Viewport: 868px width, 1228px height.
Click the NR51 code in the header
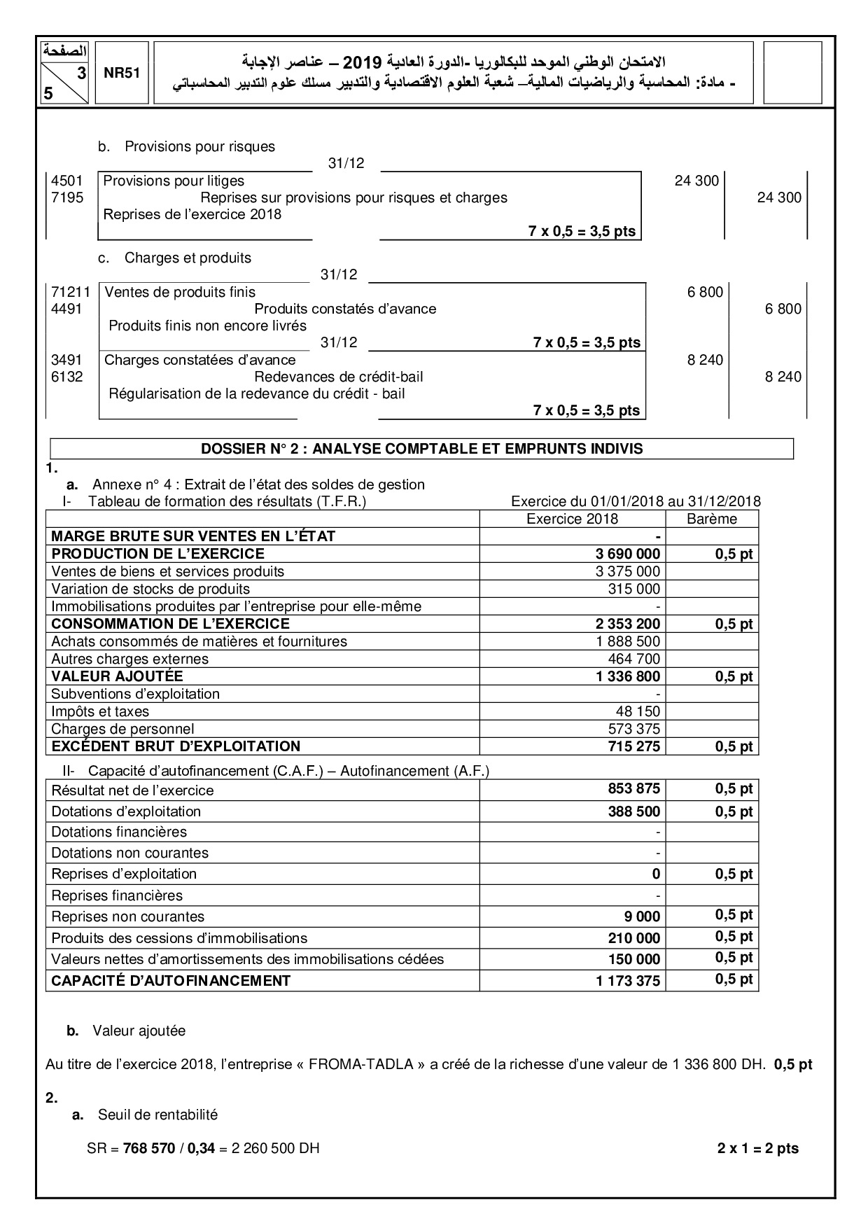[x=122, y=74]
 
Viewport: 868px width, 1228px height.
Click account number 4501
[x=66, y=181]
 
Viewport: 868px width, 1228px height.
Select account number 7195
[x=66, y=197]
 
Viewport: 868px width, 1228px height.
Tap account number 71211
[x=71, y=292]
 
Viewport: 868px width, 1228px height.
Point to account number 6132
[x=66, y=377]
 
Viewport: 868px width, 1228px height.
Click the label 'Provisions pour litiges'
[x=174, y=181]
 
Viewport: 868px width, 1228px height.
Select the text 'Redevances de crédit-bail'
[x=339, y=377]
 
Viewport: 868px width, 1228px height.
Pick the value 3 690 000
[x=628, y=554]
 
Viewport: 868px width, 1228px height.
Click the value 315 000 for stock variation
[x=634, y=589]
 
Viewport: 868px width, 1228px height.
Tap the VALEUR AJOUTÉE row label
[x=117, y=676]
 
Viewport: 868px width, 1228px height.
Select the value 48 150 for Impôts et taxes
[x=638, y=711]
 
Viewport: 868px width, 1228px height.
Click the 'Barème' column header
[x=712, y=519]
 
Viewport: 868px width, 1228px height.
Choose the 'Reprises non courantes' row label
[x=128, y=916]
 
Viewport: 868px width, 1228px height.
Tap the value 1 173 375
[x=628, y=981]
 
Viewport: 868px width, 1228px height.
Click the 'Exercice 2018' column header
[x=572, y=519]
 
